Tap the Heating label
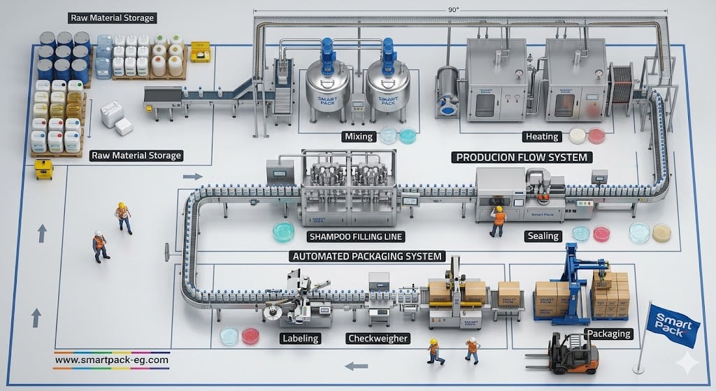[540, 136]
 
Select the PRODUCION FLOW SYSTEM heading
[522, 157]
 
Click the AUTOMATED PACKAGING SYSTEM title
[366, 256]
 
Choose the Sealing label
[543, 236]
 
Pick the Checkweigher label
[378, 339]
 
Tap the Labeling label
[300, 339]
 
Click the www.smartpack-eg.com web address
[111, 360]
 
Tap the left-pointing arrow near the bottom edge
[357, 364]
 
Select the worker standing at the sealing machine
[499, 219]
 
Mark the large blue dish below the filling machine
[284, 232]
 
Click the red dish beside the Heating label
[596, 136]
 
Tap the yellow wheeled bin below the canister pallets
[44, 168]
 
